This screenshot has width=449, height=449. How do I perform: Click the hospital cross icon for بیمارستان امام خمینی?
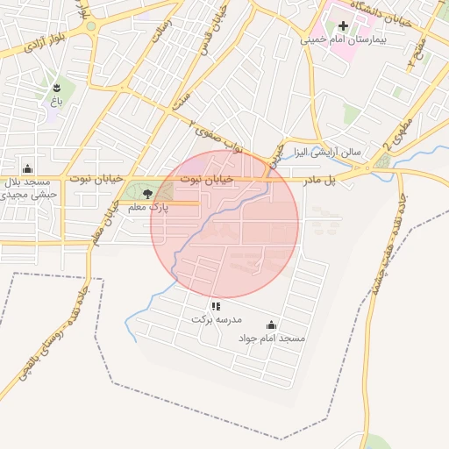[x=343, y=25]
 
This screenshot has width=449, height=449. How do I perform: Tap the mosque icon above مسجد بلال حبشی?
[x=28, y=168]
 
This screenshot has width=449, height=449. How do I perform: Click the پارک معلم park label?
[x=147, y=207]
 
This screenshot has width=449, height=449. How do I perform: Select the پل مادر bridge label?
[x=320, y=180]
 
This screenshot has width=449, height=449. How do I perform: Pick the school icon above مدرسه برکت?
[x=216, y=306]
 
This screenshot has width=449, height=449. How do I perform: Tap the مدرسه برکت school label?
[x=216, y=320]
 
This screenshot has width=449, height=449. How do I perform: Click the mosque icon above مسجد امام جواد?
[x=270, y=324]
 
